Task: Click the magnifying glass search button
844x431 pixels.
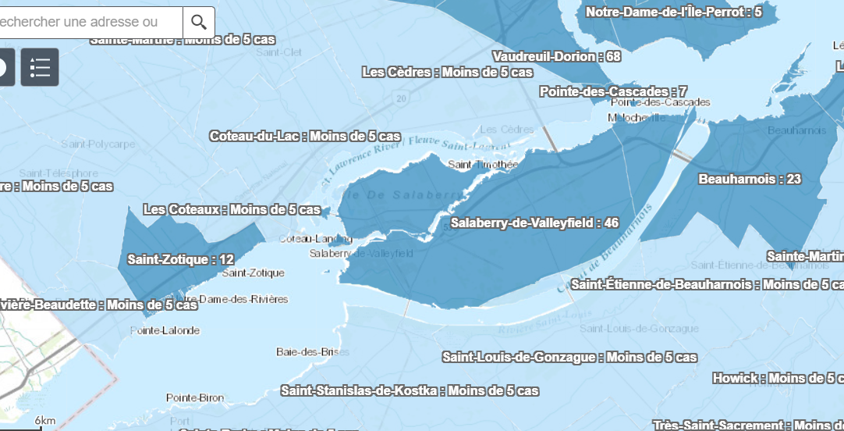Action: point(199,23)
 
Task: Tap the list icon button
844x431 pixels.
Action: point(40,67)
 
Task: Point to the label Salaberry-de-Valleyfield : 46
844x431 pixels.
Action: point(534,223)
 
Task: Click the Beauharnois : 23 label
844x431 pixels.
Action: point(750,180)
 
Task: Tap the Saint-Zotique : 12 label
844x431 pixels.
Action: point(181,259)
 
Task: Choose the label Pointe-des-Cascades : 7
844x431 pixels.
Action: point(613,92)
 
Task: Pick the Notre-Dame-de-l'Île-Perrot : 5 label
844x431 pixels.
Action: point(673,12)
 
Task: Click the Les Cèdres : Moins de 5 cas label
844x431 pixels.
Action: point(448,73)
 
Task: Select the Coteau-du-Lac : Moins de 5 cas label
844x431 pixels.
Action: point(305,136)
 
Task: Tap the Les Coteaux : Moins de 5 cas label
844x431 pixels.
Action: point(232,210)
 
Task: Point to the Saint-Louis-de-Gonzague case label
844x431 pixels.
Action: point(569,358)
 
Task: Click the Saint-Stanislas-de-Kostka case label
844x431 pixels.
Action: point(410,390)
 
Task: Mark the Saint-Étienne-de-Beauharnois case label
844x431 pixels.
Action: point(707,284)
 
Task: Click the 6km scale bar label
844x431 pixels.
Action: point(45,422)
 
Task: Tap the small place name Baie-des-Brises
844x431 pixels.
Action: point(308,352)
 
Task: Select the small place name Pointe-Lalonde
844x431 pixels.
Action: point(165,331)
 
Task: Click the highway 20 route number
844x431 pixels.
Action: point(401,98)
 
